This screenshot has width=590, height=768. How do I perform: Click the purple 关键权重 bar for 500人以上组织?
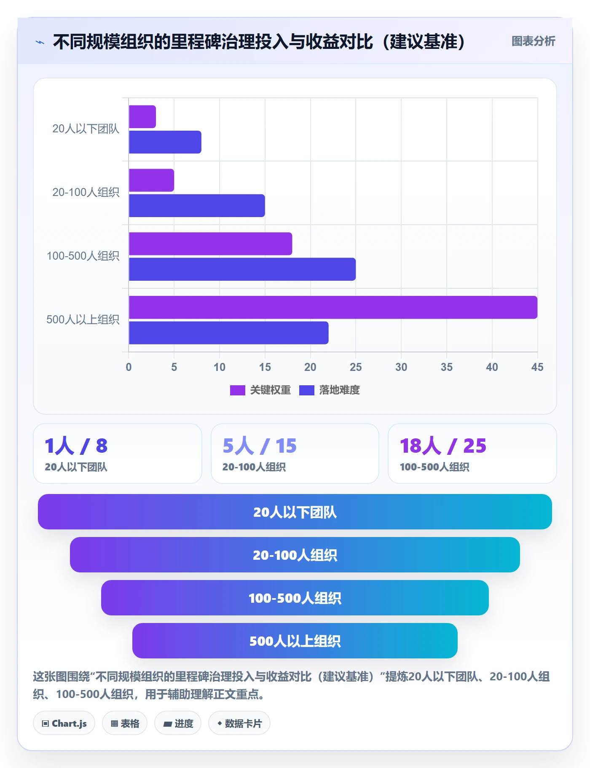point(333,307)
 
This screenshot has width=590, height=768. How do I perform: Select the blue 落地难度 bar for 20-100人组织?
point(197,206)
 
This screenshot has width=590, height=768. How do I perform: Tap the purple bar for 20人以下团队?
point(142,117)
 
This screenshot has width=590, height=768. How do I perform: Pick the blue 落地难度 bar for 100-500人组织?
point(242,269)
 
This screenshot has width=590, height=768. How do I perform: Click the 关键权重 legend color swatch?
point(238,390)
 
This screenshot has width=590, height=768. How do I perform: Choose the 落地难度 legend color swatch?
point(307,390)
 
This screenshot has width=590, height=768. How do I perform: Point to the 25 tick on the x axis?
point(356,367)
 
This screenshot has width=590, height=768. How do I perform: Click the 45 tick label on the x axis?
point(537,367)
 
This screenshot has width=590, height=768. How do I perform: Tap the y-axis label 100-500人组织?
point(83,256)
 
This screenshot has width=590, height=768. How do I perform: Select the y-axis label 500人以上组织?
point(83,320)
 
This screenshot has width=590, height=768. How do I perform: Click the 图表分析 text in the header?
point(534,41)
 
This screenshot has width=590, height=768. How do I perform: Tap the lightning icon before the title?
point(40,42)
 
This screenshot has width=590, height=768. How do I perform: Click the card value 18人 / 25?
point(443,446)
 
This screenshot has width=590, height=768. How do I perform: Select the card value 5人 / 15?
point(260,446)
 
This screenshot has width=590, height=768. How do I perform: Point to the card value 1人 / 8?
point(76,446)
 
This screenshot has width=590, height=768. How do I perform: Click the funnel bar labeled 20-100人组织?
point(295,555)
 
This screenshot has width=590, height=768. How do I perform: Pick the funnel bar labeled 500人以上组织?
point(295,641)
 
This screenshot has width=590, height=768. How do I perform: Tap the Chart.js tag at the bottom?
point(64,723)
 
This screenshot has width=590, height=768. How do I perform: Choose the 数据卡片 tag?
point(239,723)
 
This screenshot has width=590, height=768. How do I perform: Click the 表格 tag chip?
point(125,723)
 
